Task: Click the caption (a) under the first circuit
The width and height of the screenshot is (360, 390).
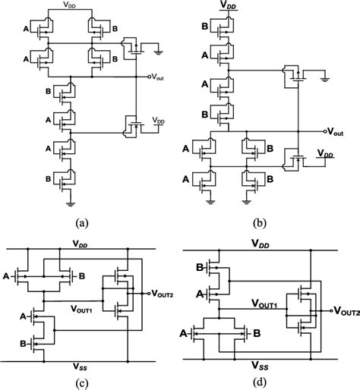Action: (x=82, y=223)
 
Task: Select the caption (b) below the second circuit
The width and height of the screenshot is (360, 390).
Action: (x=260, y=223)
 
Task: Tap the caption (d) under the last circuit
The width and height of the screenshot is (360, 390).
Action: (x=260, y=382)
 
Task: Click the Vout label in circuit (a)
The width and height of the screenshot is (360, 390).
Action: (x=157, y=77)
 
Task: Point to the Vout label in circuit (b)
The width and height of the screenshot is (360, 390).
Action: (x=336, y=132)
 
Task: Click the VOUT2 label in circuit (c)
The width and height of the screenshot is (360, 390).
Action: (x=163, y=294)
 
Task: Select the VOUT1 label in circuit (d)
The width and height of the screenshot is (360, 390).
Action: (x=264, y=304)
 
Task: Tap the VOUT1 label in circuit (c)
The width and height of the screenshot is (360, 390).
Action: (x=81, y=309)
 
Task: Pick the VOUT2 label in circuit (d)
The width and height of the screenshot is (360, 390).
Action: (x=346, y=311)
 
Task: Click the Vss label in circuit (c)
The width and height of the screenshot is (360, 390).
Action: (x=80, y=366)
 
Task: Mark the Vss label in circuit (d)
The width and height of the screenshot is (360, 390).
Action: (x=260, y=365)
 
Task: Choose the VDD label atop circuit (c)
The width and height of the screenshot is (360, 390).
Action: (x=80, y=244)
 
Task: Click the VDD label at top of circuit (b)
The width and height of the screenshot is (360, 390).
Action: (x=229, y=5)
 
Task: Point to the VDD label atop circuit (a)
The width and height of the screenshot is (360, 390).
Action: (x=69, y=5)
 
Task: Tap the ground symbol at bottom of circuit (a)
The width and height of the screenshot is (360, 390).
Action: (x=71, y=204)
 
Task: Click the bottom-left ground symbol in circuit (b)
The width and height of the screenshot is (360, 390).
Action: (x=210, y=202)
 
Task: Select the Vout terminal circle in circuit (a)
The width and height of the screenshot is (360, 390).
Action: (x=149, y=77)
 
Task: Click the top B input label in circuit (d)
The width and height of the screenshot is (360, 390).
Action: (x=200, y=267)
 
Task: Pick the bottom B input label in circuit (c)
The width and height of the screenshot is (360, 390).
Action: (x=23, y=344)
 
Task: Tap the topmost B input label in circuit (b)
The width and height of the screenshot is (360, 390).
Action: (x=205, y=27)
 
